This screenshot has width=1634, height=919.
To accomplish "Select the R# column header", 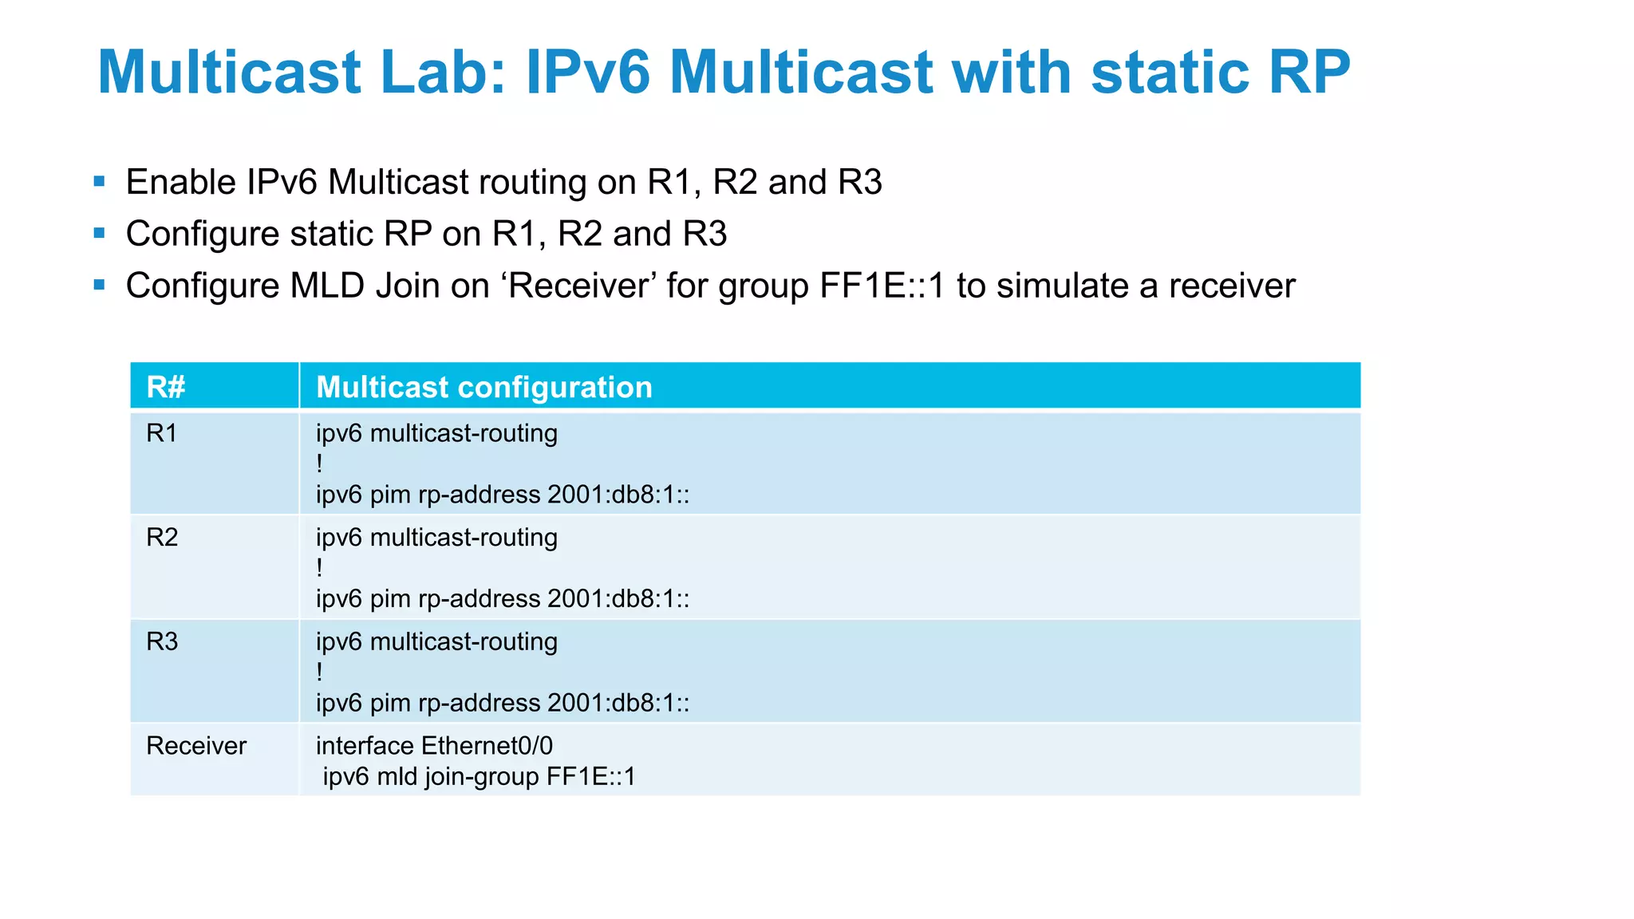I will tap(166, 387).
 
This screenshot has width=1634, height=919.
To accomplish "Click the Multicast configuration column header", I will tap(484, 387).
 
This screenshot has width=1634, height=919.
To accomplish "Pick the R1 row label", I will tap(162, 433).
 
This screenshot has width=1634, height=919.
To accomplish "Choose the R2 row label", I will tap(162, 538).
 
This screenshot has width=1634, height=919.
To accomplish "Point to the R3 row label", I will tap(162, 641).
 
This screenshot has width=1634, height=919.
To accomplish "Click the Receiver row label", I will tap(196, 746).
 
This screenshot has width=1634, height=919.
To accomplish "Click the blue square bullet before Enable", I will tap(100, 181).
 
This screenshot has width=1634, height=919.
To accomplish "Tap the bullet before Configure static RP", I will tap(100, 233).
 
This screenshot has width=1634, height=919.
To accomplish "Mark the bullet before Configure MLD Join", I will tap(100, 285).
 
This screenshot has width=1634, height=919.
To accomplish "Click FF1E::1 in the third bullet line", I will tap(882, 286).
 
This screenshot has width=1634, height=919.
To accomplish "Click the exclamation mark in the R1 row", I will tap(319, 463).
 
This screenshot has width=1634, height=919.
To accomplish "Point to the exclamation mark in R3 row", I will tap(319, 672).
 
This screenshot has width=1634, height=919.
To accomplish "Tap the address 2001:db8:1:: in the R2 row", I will tap(618, 599).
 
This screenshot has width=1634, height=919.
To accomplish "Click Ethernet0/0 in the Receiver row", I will tap(487, 746).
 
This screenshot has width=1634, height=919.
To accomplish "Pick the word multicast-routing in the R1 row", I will tap(464, 433).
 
